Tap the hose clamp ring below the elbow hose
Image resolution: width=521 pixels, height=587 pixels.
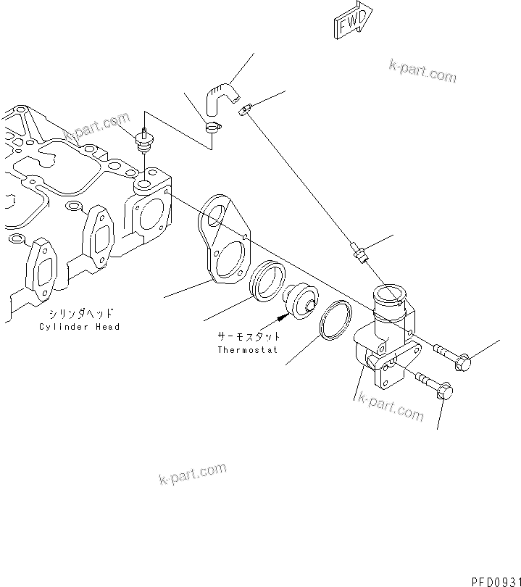point(212,129)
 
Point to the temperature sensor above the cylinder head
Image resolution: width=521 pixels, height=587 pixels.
point(145,141)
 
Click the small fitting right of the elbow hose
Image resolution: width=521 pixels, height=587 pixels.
point(245,109)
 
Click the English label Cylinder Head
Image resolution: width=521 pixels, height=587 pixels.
point(80,327)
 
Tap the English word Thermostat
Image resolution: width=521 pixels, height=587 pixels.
point(249,350)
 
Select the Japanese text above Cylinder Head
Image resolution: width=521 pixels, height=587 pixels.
point(81,314)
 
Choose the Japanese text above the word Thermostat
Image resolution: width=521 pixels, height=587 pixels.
point(249,337)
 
